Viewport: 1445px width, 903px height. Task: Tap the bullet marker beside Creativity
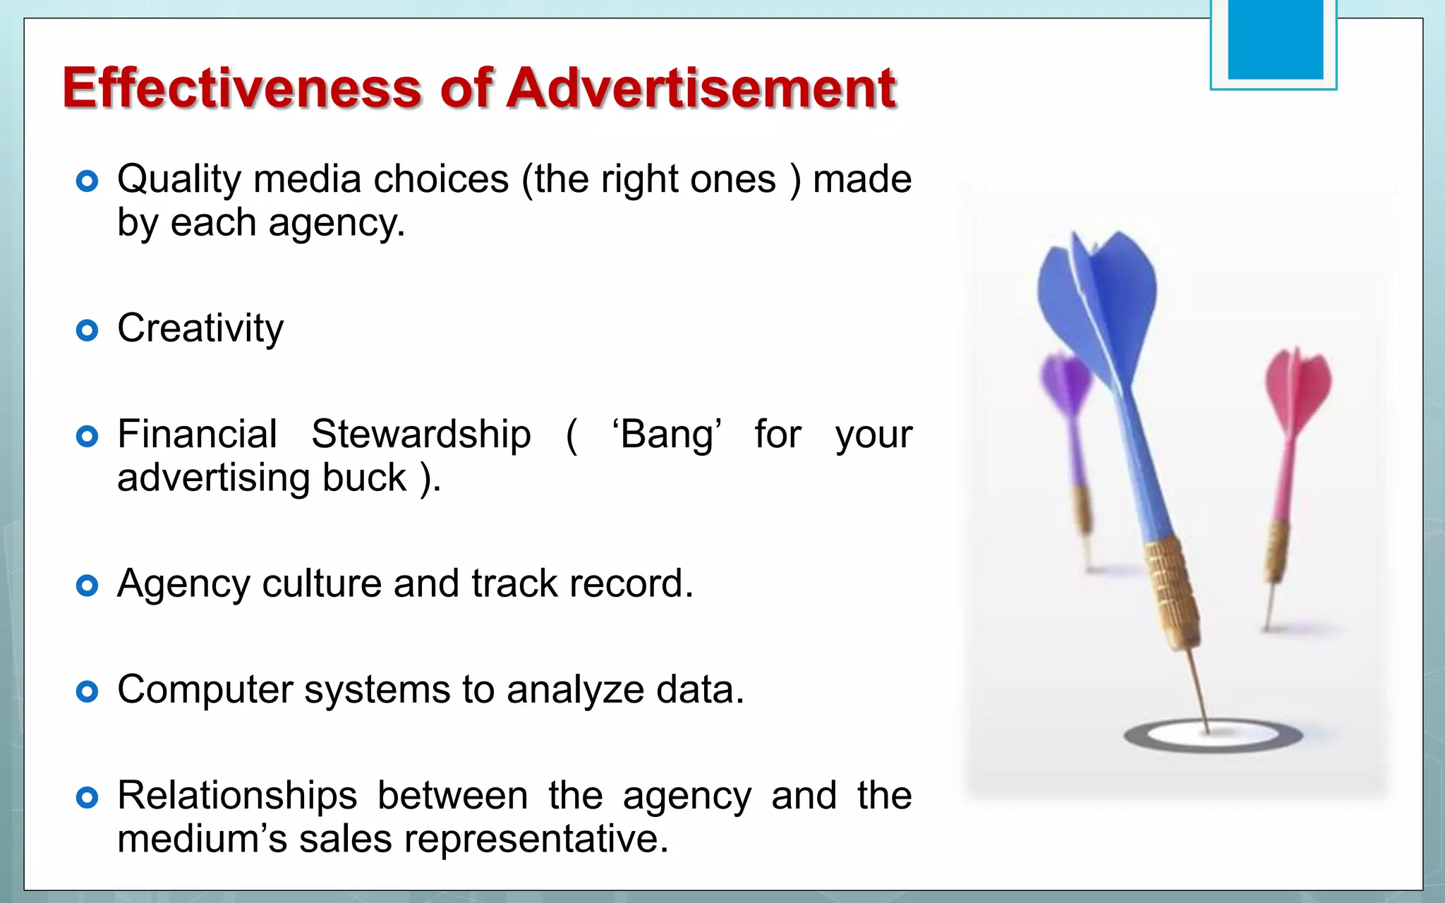coord(87,330)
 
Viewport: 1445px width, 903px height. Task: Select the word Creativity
coord(200,329)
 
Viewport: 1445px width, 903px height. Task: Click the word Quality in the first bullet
coord(179,180)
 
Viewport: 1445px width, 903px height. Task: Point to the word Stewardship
coord(421,434)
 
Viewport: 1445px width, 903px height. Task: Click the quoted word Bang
coord(667,434)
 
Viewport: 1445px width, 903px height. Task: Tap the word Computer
coord(205,689)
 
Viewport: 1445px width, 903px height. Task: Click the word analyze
coord(575,689)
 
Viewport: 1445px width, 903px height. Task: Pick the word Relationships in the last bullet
coord(237,796)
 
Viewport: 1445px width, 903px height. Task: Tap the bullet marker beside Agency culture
coord(87,586)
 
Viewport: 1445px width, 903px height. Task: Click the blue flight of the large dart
coord(1101,296)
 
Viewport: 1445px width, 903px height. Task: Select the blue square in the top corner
coord(1275,39)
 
